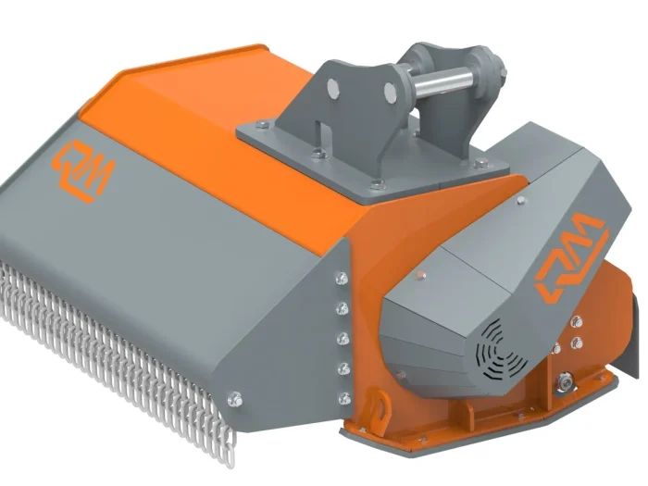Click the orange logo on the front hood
(84, 170)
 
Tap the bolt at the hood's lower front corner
(233, 398)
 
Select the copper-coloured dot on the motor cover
(421, 273)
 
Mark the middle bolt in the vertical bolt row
(343, 338)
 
